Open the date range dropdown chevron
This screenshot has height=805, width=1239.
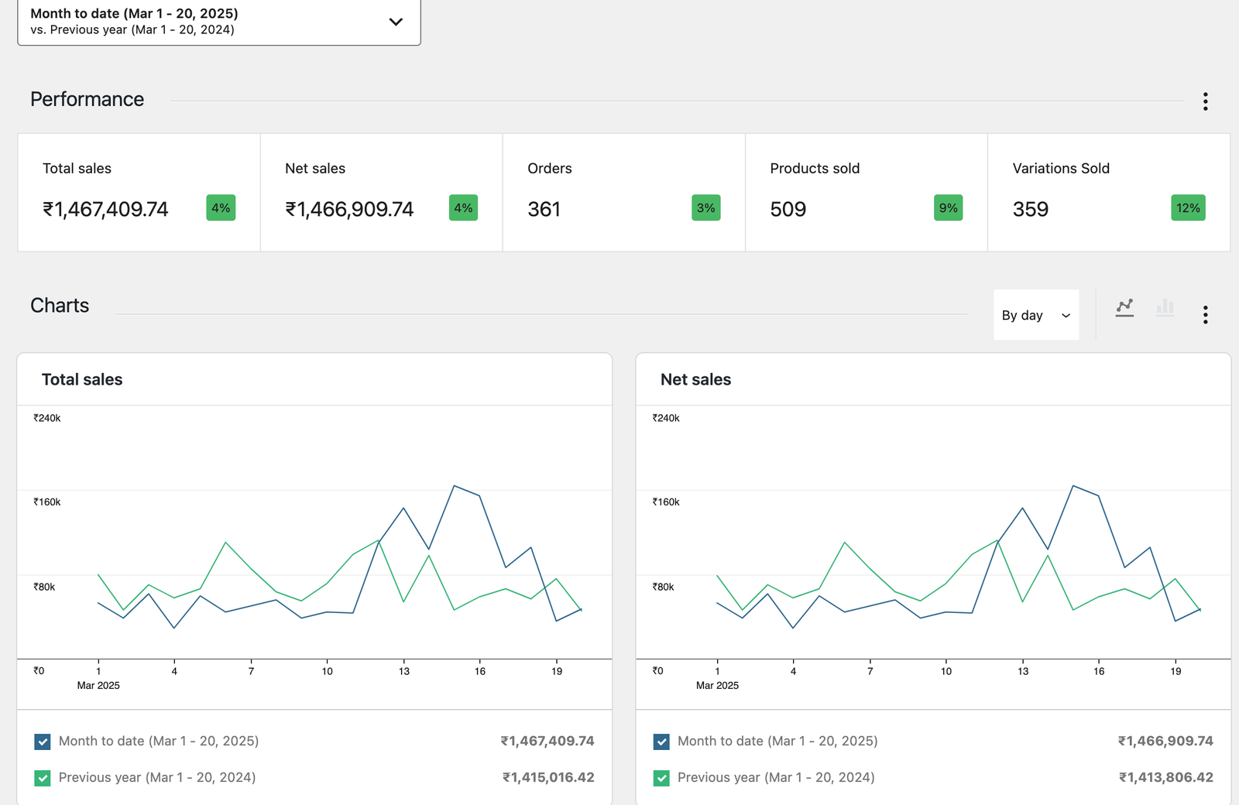[396, 22]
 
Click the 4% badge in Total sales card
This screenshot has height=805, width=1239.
[221, 207]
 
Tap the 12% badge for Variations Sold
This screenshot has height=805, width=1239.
[1188, 207]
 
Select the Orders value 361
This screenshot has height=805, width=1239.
[544, 209]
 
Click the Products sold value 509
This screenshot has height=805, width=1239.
[788, 209]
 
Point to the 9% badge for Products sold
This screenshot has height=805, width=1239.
[948, 207]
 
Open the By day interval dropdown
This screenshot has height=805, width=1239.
[1035, 315]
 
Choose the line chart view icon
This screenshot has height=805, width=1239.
[1124, 308]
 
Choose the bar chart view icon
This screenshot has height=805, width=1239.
[1165, 308]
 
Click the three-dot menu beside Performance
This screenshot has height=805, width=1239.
[1205, 101]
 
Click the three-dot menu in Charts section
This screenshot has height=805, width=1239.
[1205, 314]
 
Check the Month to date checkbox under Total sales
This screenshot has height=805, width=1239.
[43, 742]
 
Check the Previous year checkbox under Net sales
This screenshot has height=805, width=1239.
[661, 778]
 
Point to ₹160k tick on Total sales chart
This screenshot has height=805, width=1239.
[46, 502]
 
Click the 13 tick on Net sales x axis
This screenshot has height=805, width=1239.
[1022, 671]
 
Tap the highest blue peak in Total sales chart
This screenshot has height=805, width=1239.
[455, 486]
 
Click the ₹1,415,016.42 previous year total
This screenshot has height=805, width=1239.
[548, 777]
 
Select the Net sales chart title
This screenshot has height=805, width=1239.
[695, 379]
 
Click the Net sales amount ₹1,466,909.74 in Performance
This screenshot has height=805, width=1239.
[349, 209]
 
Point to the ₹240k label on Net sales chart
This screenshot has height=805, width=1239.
[665, 418]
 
